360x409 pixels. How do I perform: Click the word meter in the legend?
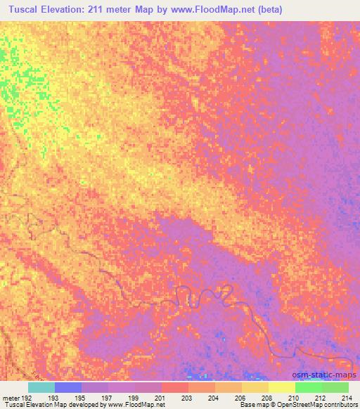pyautogui.click(x=10, y=398)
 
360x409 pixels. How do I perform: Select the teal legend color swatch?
pyautogui.click(x=41, y=387)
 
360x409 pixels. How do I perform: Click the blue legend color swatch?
pyautogui.click(x=68, y=387)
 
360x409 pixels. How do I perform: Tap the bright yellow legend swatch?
pyautogui.click(x=282, y=387)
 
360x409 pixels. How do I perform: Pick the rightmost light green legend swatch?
pyautogui.click(x=335, y=387)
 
